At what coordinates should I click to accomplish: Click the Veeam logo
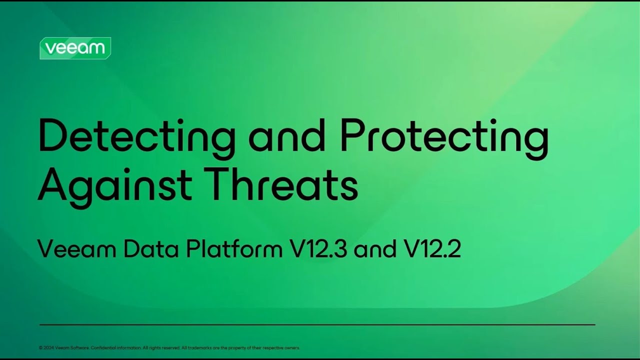(75, 48)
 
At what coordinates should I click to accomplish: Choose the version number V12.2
(432, 248)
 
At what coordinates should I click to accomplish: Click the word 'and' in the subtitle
(374, 248)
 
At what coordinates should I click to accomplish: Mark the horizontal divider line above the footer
(317, 325)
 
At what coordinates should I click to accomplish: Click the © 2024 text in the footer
(46, 347)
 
